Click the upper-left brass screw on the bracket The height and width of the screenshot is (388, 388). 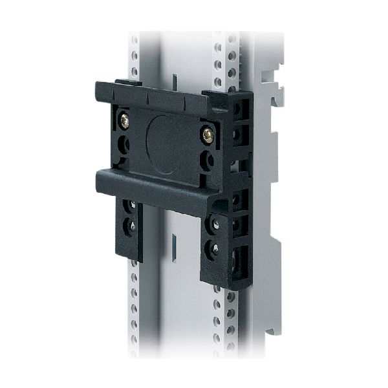(123, 120)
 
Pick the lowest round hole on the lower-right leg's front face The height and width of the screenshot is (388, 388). (213, 247)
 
